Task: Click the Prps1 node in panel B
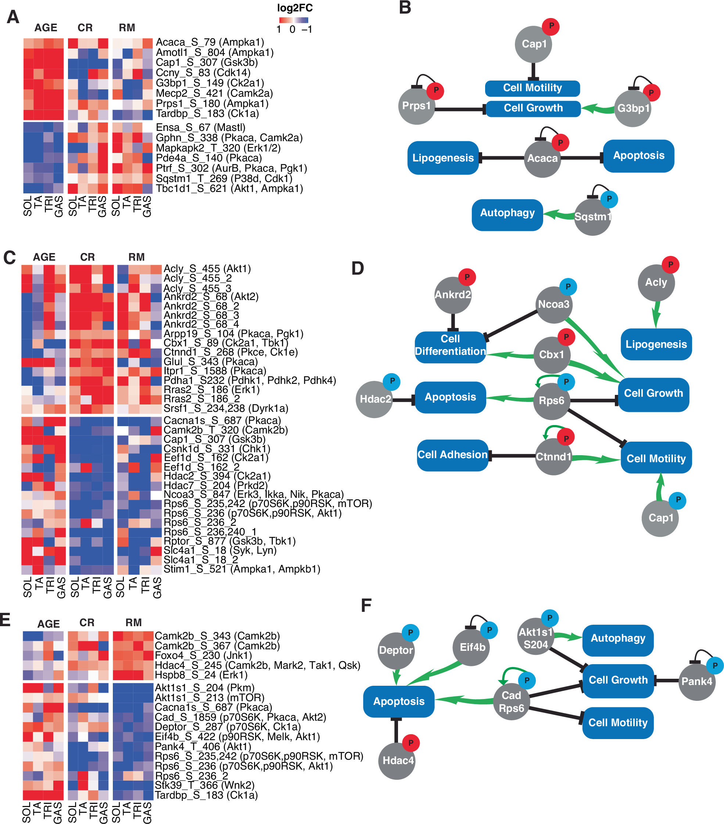416,106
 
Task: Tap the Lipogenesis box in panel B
442,158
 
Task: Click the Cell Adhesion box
452,455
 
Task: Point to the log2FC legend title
294,8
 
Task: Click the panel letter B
405,8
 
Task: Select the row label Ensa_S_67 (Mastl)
200,127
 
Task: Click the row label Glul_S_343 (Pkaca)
210,361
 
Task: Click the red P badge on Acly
670,265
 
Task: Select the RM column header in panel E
133,623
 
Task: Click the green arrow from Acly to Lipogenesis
656,314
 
